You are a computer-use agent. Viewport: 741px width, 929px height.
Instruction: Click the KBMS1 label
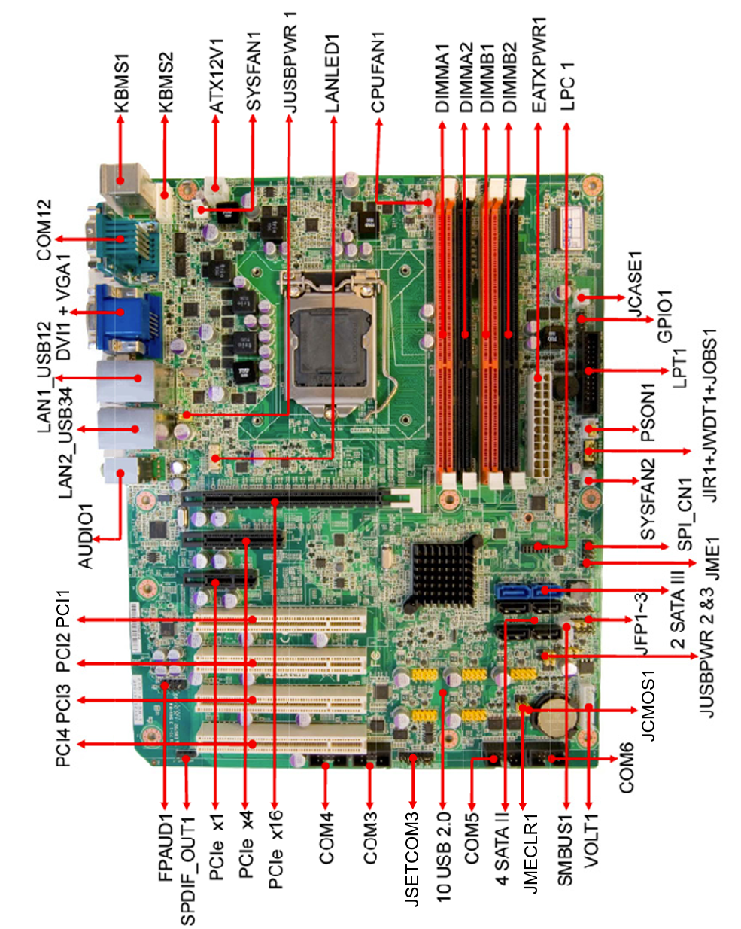coord(122,84)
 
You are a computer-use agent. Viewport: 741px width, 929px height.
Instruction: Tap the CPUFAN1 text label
coord(378,74)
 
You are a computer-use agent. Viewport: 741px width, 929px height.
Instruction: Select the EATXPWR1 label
coord(539,65)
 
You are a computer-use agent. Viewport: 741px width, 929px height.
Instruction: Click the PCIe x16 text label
coord(275,849)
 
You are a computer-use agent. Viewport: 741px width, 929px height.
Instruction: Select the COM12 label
coord(44,230)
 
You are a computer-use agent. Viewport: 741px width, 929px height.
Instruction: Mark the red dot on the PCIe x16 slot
coord(275,501)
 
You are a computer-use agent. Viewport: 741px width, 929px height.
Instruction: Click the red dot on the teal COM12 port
coord(120,239)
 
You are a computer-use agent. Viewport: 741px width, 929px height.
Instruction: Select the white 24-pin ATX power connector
coord(539,425)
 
